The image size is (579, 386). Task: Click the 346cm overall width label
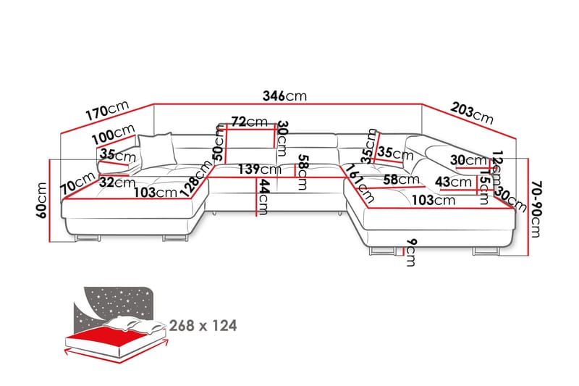285,96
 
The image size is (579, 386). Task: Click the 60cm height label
41,200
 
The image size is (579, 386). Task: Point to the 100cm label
114,135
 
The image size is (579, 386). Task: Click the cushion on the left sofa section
159,149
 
